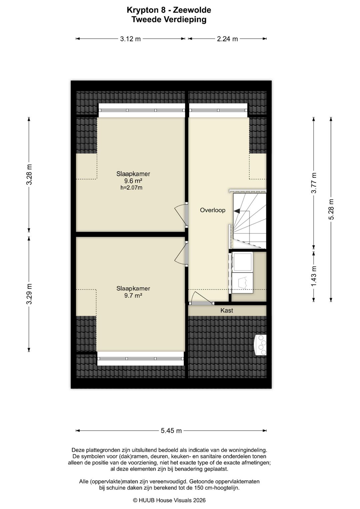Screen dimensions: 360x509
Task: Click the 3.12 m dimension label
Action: pos(130,39)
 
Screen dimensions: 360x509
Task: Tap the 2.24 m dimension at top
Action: pos(227,39)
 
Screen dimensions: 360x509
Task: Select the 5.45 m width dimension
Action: pos(171,430)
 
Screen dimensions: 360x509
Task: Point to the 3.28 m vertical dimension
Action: pos(29,174)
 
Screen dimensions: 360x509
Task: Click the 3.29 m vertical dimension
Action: pos(29,294)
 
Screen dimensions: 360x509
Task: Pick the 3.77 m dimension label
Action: pos(314,183)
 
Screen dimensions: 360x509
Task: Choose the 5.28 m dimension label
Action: pos(331,209)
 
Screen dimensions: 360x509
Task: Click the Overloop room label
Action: pos(213,210)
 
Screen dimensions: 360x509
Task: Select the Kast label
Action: pos(227,310)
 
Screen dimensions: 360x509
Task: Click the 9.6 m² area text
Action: pos(133,181)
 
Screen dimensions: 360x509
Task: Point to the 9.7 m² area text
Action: pos(133,295)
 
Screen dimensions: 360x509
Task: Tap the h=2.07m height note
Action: pos(131,188)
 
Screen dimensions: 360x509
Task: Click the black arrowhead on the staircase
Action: pos(237,211)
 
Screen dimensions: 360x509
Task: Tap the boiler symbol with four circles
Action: pos(260,345)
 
